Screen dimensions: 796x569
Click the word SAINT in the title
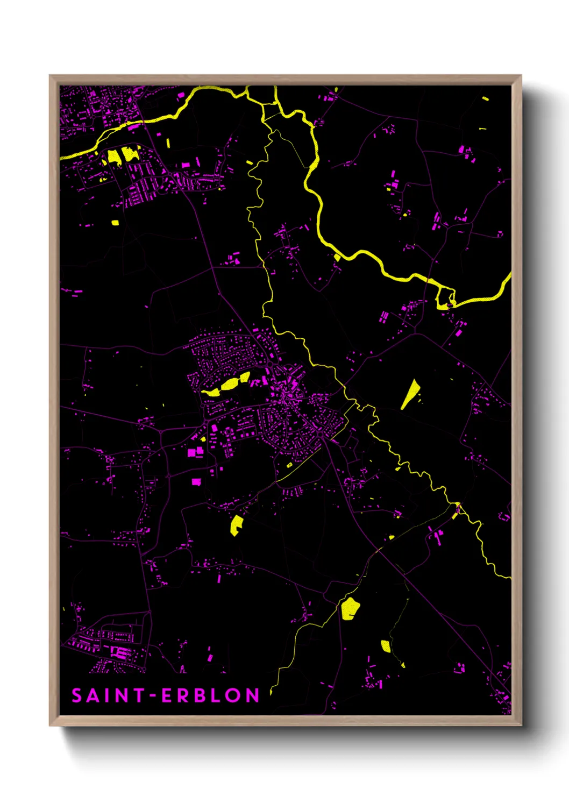[x=108, y=695]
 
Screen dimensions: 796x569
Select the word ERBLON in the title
[x=211, y=695]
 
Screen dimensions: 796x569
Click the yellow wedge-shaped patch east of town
[x=411, y=394]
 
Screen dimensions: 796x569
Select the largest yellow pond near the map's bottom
[x=350, y=608]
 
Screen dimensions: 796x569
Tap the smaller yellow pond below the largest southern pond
[x=385, y=645]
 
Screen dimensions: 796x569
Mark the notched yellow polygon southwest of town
[x=236, y=525]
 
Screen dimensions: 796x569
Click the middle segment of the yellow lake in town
[x=230, y=383]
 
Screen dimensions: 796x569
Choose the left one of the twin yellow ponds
[x=113, y=157]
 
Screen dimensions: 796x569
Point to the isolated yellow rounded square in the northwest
[x=115, y=222]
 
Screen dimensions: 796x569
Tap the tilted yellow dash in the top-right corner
[x=486, y=98]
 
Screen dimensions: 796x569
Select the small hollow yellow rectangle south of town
[x=289, y=465]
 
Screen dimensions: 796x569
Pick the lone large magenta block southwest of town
[x=196, y=482]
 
